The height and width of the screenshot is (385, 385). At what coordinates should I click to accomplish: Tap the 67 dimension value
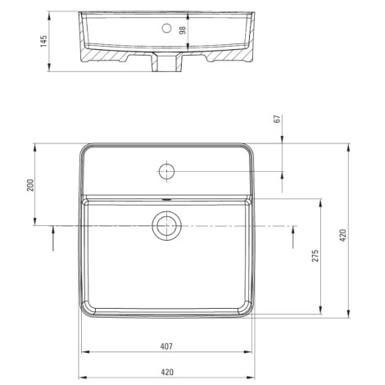tap(278, 120)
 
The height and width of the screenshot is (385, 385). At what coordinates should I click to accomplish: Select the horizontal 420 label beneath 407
tap(166, 371)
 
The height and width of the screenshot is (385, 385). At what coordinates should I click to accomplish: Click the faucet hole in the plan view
tap(166, 173)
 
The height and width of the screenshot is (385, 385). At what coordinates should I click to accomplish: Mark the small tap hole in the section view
tap(167, 29)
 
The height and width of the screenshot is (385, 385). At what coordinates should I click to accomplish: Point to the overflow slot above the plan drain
tap(166, 199)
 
